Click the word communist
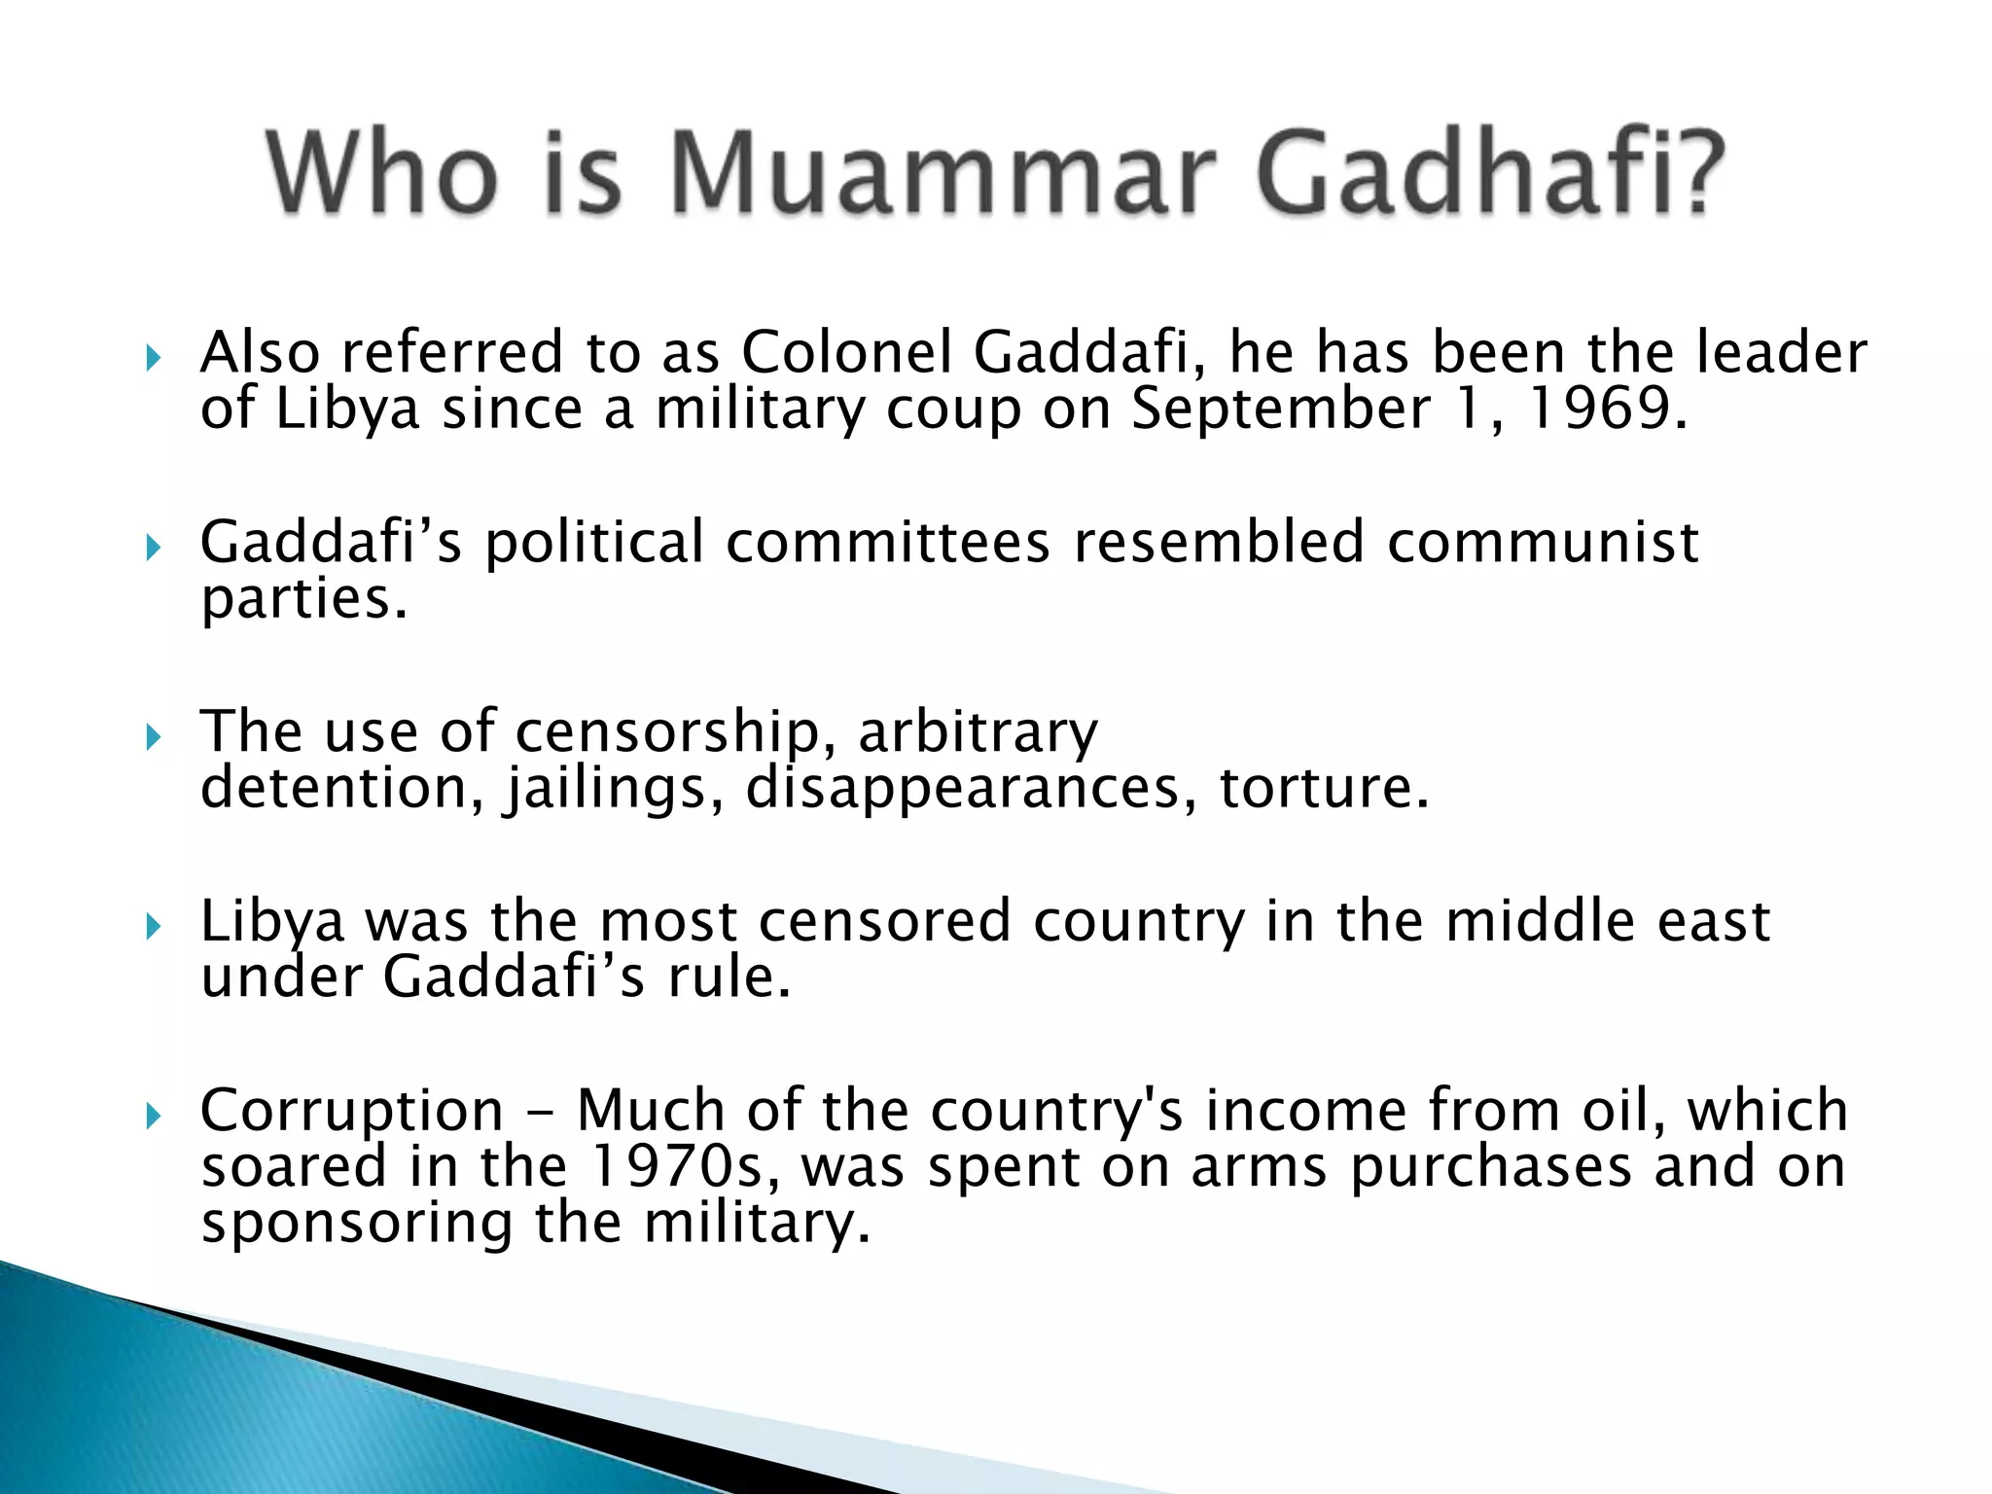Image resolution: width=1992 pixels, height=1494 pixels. pyautogui.click(x=1543, y=542)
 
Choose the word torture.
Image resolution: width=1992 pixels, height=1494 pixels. pyautogui.click(x=1324, y=788)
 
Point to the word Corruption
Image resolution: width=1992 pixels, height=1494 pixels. pyautogui.click(x=352, y=1111)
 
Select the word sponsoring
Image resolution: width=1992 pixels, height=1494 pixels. pyautogui.click(x=356, y=1224)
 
